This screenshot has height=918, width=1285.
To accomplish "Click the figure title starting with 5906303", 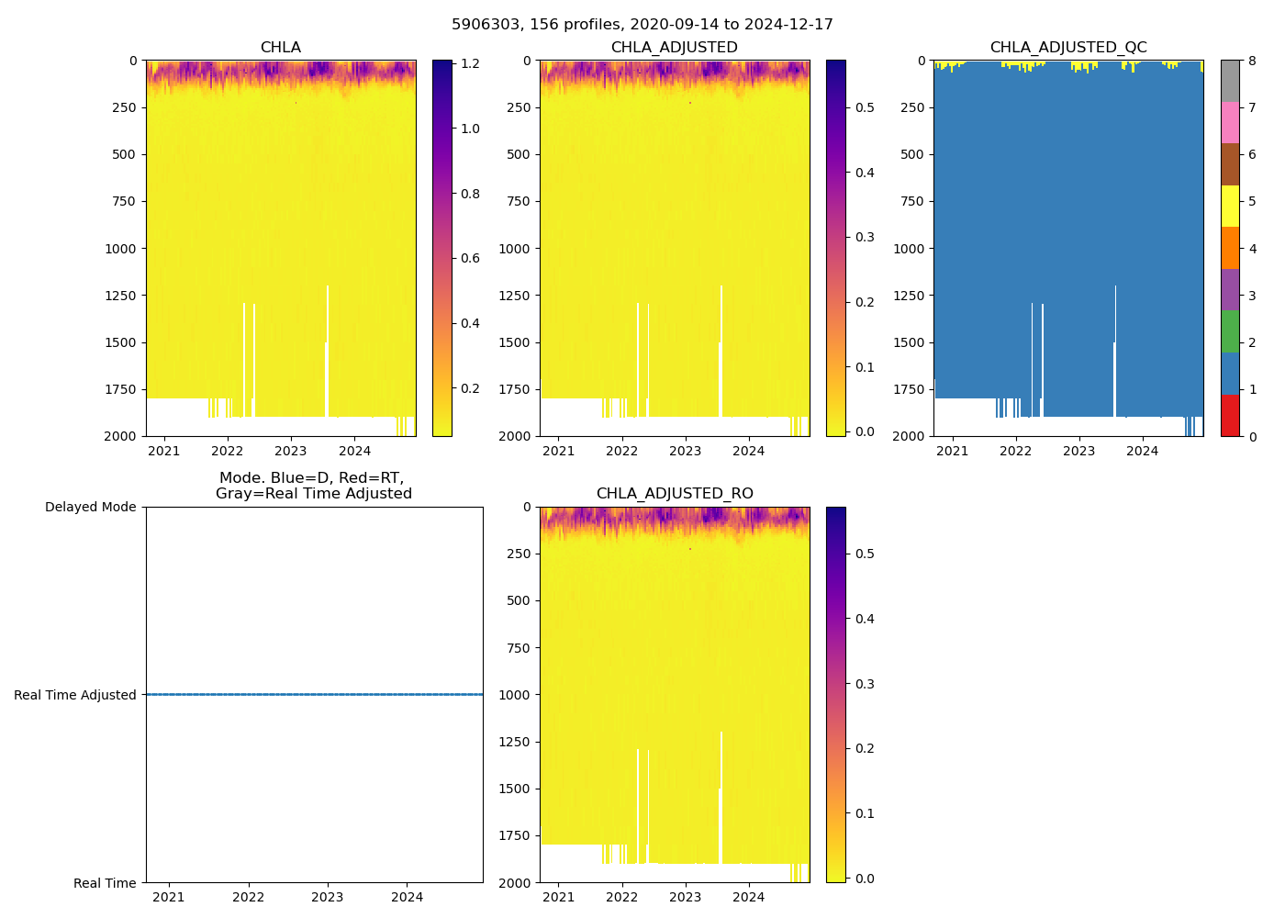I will coord(642,25).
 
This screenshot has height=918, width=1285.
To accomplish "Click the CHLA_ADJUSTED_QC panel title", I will coord(1068,48).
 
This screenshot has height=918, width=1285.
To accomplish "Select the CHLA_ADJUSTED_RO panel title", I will coord(675,494).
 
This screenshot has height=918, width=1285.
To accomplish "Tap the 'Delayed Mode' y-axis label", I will coord(90,507).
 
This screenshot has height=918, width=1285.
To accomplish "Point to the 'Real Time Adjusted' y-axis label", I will coord(75,695).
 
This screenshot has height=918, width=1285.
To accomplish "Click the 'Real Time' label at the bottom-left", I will coord(105,883).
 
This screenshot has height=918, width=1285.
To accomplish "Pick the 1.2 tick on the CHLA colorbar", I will coord(470,64).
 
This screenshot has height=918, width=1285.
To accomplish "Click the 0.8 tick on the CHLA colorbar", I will coord(470,194).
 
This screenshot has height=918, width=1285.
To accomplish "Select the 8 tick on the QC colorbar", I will coord(1252,61).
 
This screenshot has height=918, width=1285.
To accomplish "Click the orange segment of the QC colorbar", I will coord(1230,248).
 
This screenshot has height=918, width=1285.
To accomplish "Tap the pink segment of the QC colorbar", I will coord(1230,122).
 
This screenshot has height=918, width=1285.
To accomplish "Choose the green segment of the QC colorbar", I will coord(1230,331).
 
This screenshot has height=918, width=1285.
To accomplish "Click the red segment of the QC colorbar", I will coord(1230,415).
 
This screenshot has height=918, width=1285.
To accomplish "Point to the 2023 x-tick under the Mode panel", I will coord(328,897).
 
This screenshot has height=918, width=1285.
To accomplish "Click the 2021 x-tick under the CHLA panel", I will coord(164,451).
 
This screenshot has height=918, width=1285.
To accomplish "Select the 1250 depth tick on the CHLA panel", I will coord(121,296).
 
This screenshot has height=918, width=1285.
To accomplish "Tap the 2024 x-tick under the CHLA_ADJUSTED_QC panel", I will coord(1143,451).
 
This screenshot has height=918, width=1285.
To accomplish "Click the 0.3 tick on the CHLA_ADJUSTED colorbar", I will coord(865,237).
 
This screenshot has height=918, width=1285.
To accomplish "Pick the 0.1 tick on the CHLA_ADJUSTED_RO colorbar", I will coord(865,813).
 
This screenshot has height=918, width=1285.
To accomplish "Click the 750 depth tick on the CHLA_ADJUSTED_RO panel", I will coord(520,648).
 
